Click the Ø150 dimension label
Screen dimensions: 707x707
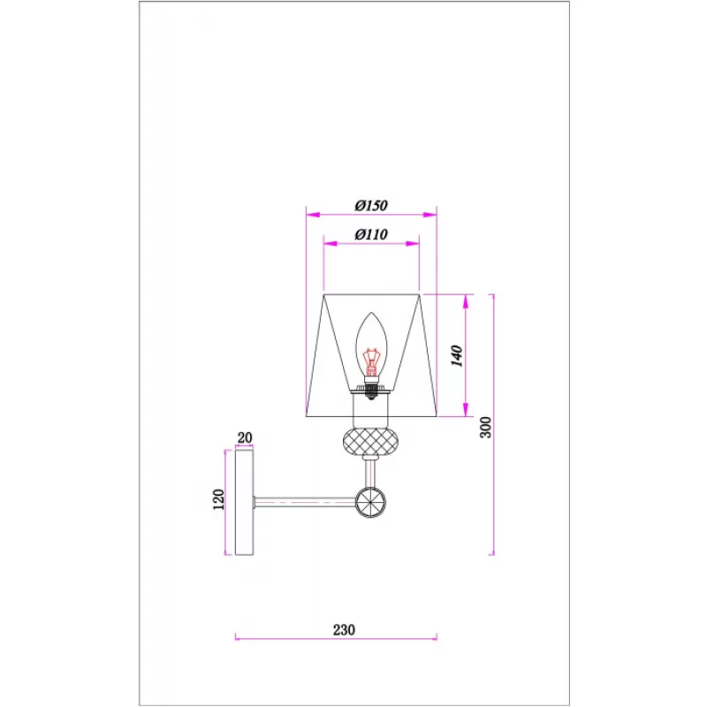[x=370, y=206]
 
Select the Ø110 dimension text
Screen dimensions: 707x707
[x=370, y=234]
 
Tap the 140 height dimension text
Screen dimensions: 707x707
[x=457, y=356]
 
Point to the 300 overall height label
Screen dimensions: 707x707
[x=485, y=427]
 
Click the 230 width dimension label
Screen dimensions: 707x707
[x=344, y=629]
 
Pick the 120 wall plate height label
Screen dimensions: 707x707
[x=218, y=499]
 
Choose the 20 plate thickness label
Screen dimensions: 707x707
[x=245, y=437]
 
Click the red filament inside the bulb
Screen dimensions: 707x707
[x=371, y=362]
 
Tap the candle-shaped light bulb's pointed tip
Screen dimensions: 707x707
[x=371, y=313]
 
